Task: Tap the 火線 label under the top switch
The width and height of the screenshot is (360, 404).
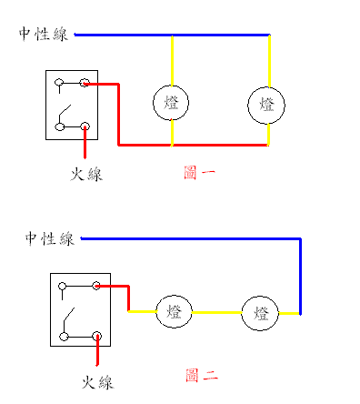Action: (86, 174)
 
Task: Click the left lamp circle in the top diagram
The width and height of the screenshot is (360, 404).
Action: (171, 104)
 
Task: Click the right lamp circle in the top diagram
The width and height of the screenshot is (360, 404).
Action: (267, 104)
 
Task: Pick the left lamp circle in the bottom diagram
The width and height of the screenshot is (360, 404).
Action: (174, 312)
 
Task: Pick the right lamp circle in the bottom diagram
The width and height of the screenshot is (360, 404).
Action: (261, 313)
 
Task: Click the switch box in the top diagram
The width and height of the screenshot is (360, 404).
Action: (72, 106)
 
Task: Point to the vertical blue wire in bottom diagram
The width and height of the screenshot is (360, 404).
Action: (300, 273)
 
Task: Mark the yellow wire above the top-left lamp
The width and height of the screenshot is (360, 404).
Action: (172, 61)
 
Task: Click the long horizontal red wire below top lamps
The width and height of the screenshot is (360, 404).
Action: (191, 144)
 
